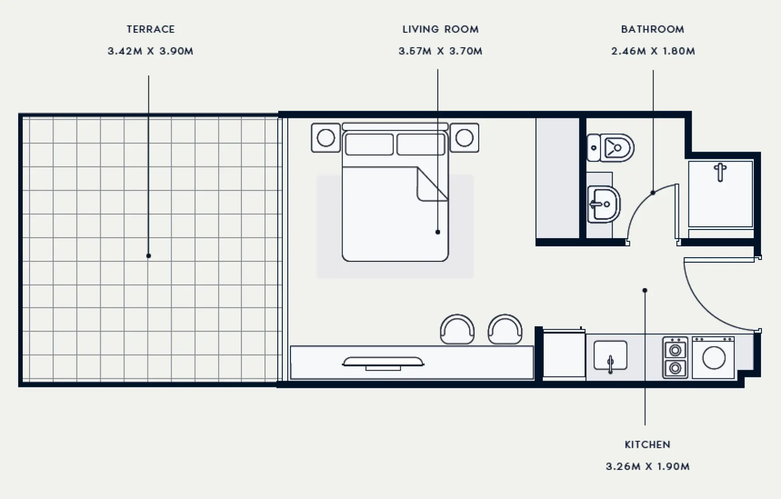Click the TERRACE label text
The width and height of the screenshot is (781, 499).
[151, 29]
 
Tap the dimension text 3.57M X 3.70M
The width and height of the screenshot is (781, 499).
[440, 51]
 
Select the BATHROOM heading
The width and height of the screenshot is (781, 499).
[653, 29]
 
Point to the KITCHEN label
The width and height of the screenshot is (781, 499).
[648, 445]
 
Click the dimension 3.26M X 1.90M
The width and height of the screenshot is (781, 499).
[648, 467]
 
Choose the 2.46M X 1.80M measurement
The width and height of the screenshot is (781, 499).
[653, 51]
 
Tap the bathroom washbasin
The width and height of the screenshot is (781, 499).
[604, 204]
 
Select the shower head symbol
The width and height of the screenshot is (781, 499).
[720, 171]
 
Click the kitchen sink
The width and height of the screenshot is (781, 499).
[610, 357]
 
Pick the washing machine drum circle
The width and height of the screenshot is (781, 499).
[714, 358]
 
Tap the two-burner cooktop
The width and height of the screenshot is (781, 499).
[675, 358]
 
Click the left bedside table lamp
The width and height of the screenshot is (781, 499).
[326, 138]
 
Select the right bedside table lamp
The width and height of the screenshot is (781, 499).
[464, 138]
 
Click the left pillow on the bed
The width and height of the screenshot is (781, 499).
[369, 145]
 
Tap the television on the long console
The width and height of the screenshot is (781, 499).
[383, 362]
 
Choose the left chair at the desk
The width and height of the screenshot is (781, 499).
[457, 329]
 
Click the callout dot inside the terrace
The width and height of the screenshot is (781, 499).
[148, 256]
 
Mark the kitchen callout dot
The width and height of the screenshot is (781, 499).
[645, 290]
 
